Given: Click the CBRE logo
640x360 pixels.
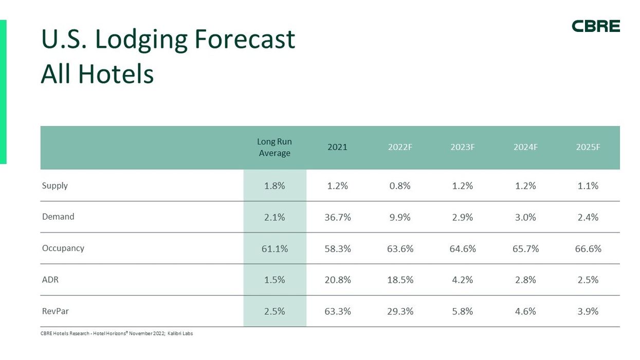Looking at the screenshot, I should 596,26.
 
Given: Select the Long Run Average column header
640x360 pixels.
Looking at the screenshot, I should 275,147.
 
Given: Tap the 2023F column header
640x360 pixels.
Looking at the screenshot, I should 463,147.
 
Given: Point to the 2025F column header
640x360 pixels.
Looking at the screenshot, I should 588,147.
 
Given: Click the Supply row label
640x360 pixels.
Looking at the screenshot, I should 54,186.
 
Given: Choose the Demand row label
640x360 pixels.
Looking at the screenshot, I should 58,217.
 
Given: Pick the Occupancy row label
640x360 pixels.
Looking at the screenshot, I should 63,248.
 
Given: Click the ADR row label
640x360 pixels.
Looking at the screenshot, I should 50,280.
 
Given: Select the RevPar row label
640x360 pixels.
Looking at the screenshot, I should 55,311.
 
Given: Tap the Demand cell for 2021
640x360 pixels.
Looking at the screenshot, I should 338,217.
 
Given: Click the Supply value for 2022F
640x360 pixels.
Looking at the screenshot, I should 400,186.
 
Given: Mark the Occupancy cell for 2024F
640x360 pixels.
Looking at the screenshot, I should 525,248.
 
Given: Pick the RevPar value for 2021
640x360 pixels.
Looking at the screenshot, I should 338,311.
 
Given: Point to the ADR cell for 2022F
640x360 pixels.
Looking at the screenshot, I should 400,280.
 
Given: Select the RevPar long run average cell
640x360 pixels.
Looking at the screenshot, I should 275,311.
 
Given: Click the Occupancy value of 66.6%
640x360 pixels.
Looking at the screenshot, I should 588,248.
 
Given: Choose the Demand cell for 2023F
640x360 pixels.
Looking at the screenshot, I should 463,217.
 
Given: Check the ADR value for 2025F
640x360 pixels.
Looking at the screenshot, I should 588,280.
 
